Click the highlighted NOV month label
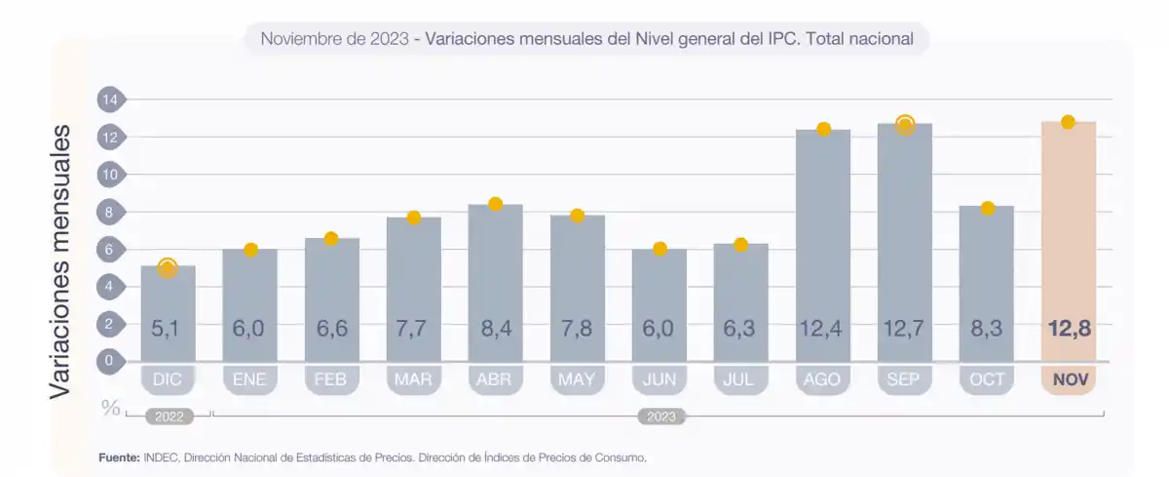pos(1068,379)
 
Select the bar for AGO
pos(822,244)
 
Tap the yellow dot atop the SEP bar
pos(905,125)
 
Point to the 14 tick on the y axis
pos(110,99)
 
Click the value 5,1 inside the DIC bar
pos(167,329)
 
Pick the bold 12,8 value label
pos(1068,329)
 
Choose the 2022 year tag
pos(170,417)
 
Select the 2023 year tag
pos(661,417)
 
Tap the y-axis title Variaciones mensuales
pos(60,260)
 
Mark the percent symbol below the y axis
pos(111,407)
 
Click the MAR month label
pos(413,379)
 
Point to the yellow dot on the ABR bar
pos(495,204)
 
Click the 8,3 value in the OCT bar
pos(986,329)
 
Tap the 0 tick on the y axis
pos(110,361)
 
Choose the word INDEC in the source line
pos(161,457)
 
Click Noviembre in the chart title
pos(302,40)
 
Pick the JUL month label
pos(740,379)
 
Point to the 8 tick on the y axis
pos(110,212)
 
